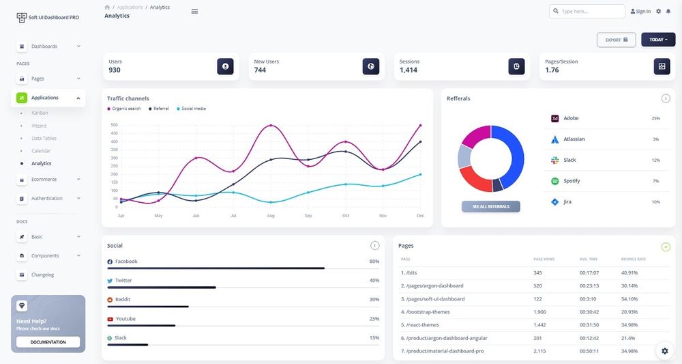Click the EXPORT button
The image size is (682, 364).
click(616, 40)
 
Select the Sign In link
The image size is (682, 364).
click(640, 12)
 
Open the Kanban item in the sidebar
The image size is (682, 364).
click(40, 113)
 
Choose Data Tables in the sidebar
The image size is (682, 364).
click(44, 138)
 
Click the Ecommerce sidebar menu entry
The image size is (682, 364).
click(44, 180)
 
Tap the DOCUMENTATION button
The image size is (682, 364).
click(48, 342)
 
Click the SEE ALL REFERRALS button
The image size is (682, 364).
click(490, 206)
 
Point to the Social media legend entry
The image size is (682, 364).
click(193, 109)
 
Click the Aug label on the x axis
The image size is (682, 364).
click(271, 216)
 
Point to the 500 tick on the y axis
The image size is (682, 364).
click(114, 125)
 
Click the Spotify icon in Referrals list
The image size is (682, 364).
click(554, 181)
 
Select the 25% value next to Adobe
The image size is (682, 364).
click(655, 118)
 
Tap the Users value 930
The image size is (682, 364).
click(115, 70)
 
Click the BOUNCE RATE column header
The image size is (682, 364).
click(634, 260)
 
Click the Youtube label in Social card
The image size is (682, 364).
click(125, 319)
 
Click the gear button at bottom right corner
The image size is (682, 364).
click(665, 350)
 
